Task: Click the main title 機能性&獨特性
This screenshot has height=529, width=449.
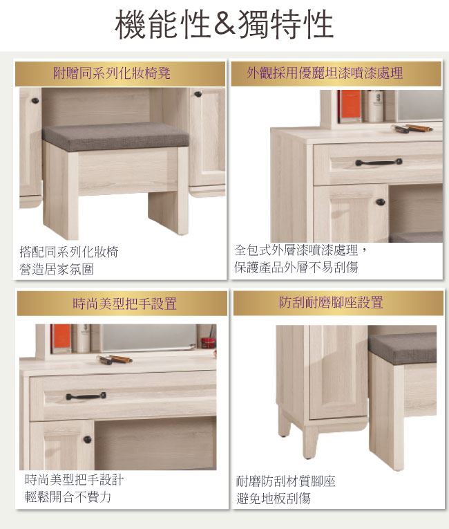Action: (x=224, y=24)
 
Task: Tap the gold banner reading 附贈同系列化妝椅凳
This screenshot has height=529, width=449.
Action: (x=120, y=73)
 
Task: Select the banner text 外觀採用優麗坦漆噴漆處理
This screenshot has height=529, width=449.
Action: (x=325, y=73)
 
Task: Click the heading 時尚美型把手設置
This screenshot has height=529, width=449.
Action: (x=125, y=304)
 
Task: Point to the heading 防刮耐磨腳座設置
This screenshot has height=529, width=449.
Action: (x=331, y=302)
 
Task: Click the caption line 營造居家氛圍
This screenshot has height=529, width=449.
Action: (x=57, y=269)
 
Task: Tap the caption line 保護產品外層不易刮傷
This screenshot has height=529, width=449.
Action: (x=296, y=267)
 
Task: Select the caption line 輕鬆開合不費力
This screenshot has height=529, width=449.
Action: (x=68, y=496)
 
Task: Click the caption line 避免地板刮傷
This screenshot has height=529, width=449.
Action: (x=274, y=499)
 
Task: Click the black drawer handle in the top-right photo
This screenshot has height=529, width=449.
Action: (x=379, y=163)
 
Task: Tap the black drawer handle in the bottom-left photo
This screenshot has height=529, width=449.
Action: (x=86, y=396)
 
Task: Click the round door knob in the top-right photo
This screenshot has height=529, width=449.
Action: (x=381, y=202)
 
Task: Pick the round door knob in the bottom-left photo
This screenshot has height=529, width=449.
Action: (x=87, y=439)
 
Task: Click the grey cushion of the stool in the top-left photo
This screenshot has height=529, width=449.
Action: (x=115, y=137)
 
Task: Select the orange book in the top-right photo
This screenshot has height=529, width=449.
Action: (x=351, y=106)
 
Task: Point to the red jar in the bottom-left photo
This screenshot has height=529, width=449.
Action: (x=208, y=342)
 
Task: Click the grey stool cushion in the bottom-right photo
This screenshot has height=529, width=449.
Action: (x=402, y=349)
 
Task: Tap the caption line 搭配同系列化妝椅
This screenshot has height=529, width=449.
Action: (x=69, y=252)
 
